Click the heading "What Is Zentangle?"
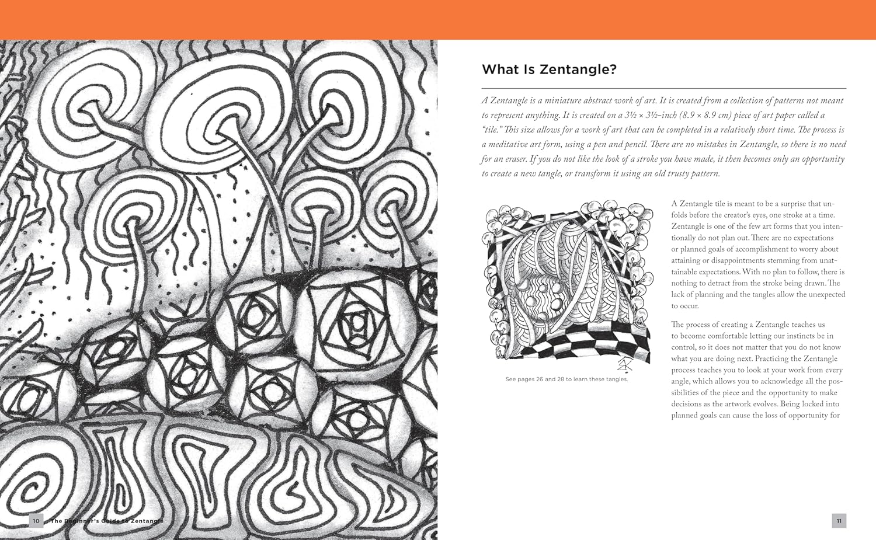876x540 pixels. pyautogui.click(x=549, y=69)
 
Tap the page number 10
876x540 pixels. pyautogui.click(x=36, y=521)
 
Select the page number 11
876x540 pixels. pyautogui.click(x=839, y=521)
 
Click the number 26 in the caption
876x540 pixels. pyautogui.click(x=540, y=379)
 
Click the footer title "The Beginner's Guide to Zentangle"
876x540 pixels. pyautogui.click(x=107, y=521)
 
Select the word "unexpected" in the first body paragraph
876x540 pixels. pyautogui.click(x=825, y=295)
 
